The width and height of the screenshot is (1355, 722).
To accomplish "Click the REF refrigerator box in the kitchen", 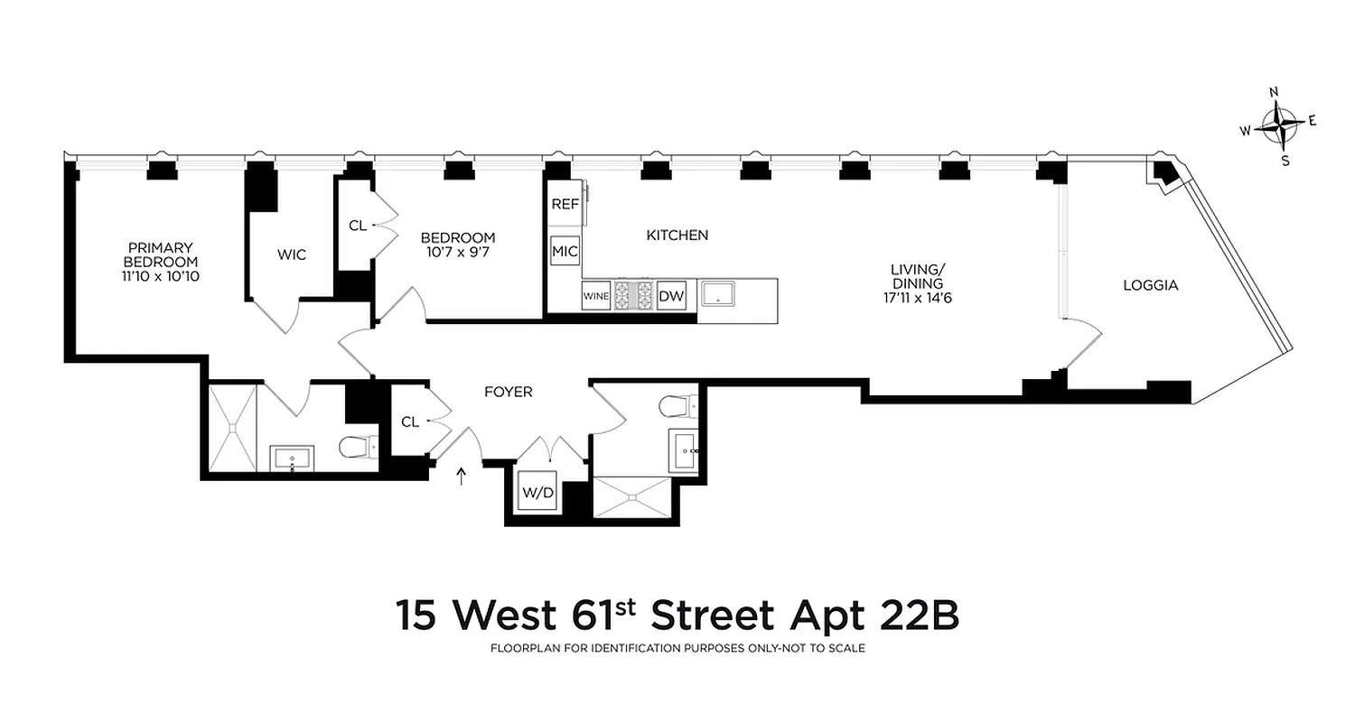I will [565, 204].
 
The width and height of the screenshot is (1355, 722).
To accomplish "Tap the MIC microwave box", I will [565, 251].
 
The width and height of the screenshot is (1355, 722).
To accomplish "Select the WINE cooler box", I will [595, 296].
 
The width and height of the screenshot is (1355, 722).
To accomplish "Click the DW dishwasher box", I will [669, 296].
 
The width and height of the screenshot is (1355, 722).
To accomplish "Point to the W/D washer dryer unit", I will [536, 494].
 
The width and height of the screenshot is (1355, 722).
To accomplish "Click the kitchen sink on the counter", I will [719, 294].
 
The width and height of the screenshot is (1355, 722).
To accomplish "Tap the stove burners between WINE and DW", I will [633, 295].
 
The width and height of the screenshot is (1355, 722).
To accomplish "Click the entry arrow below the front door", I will [462, 476].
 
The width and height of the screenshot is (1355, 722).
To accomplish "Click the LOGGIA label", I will [1150, 285].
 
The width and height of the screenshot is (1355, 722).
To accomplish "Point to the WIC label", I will [291, 255].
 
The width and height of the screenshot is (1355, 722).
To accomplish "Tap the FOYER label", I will [508, 392].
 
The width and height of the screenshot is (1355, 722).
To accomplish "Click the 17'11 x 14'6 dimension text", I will [917, 297].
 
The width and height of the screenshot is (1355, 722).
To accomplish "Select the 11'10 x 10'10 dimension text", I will [161, 276].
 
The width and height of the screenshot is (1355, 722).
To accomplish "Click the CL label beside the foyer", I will [409, 421].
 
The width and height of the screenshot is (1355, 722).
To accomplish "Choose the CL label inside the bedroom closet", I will [357, 226].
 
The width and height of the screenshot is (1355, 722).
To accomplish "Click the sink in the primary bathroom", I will [292, 458].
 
